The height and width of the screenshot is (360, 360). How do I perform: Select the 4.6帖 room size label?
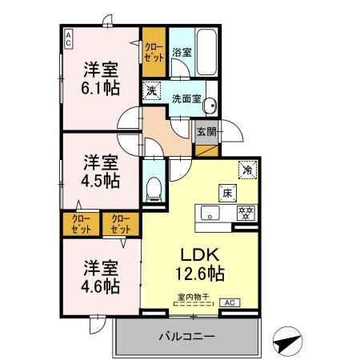pyautogui.click(x=101, y=284)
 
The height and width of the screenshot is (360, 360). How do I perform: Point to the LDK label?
pyautogui.click(x=196, y=254)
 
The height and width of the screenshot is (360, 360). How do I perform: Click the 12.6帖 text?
pyautogui.click(x=198, y=274)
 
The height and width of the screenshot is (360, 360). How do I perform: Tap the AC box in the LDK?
pyautogui.click(x=229, y=302)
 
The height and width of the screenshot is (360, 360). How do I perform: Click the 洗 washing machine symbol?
pyautogui.click(x=153, y=90)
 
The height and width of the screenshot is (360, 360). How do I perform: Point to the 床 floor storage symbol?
pyautogui.click(x=227, y=192)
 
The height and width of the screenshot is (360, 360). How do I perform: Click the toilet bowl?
pyautogui.click(x=154, y=188)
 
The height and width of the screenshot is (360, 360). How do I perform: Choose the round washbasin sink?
pyautogui.click(x=212, y=106)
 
